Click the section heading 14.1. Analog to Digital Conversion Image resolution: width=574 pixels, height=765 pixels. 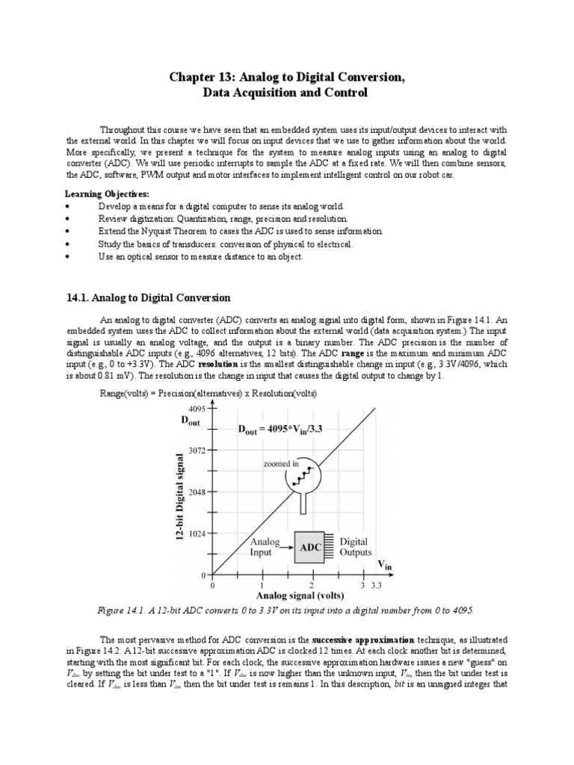149,298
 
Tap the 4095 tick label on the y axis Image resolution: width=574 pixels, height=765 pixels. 197,409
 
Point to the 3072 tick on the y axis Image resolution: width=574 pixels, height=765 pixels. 197,450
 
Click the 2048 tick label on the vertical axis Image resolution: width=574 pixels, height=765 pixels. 197,492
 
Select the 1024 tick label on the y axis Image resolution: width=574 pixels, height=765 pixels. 197,534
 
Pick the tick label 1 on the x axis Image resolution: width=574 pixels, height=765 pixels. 262,585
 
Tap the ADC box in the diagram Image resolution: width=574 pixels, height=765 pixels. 310,548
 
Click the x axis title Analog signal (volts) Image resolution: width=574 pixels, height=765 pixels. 300,596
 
